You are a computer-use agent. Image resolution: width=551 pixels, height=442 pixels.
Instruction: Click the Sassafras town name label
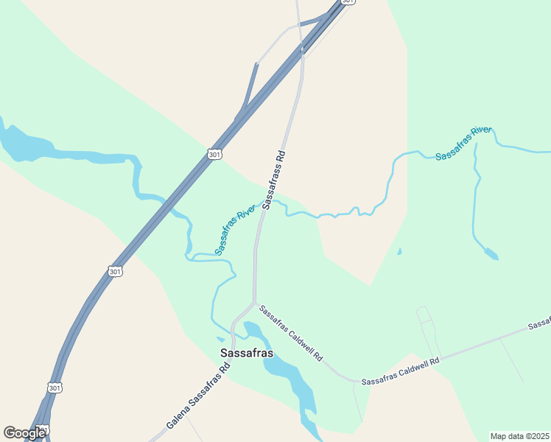point(247,353)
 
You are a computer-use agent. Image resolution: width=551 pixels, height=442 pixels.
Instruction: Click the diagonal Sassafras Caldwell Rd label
point(291,333)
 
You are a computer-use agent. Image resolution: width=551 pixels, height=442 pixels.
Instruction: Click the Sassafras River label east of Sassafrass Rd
point(463,144)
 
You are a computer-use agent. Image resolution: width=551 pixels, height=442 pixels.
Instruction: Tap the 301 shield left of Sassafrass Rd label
point(214,154)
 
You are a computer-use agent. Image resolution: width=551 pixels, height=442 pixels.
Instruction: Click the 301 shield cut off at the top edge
point(349,2)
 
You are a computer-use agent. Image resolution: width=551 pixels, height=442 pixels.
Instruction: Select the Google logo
point(24,432)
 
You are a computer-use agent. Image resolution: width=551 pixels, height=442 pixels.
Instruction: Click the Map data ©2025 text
point(519,435)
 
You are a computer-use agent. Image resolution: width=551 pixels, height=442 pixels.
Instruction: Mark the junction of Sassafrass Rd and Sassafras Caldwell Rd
point(254,302)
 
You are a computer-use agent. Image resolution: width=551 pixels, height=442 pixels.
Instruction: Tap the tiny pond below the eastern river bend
point(399,252)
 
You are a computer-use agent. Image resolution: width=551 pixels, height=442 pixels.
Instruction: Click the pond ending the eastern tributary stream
point(490,254)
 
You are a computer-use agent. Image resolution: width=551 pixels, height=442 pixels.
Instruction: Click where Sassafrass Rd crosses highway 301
point(302,50)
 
